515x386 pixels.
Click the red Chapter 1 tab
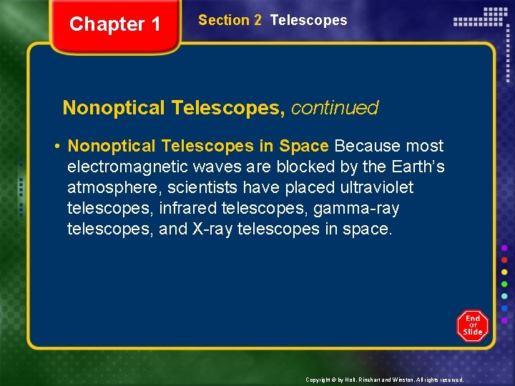[x=115, y=25]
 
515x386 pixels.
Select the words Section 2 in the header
[x=230, y=21]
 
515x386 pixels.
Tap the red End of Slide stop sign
[x=472, y=326]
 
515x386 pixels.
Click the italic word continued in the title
[x=335, y=108]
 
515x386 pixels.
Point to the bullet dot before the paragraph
[x=56, y=147]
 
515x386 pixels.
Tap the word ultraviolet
[x=377, y=188]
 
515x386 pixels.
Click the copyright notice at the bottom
[x=384, y=380]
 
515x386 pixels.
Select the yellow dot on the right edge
[x=504, y=272]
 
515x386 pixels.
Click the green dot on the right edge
[x=504, y=284]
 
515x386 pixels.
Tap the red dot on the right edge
[x=504, y=260]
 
